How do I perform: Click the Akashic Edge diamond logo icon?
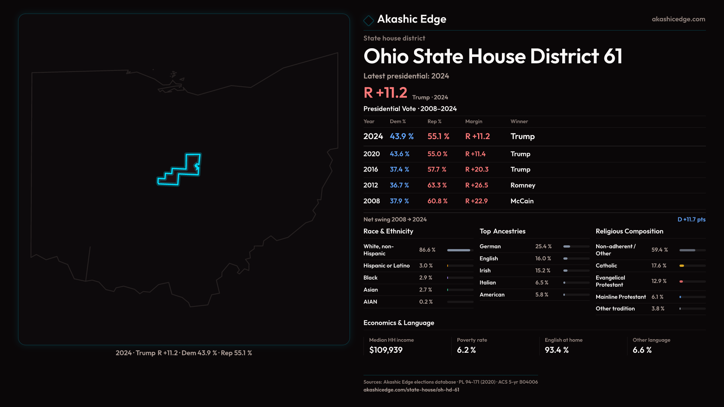(368, 20)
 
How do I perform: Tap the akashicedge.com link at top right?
(678, 19)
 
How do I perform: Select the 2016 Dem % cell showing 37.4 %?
(399, 170)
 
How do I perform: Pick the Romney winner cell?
(523, 185)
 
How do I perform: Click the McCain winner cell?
(522, 201)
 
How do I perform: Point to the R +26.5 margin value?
(477, 185)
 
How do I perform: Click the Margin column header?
(474, 122)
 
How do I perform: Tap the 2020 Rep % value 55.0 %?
(437, 154)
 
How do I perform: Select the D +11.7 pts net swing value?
(691, 220)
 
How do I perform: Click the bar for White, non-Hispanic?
(459, 250)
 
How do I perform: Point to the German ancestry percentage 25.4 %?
(543, 246)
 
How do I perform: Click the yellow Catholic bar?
(682, 266)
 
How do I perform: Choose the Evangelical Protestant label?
(610, 282)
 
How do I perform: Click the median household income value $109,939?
(386, 350)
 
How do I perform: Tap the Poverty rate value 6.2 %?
(466, 350)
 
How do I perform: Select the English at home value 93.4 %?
(557, 350)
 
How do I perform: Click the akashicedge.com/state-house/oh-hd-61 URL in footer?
(411, 390)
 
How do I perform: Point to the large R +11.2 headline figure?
(385, 93)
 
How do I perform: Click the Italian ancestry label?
(488, 283)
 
